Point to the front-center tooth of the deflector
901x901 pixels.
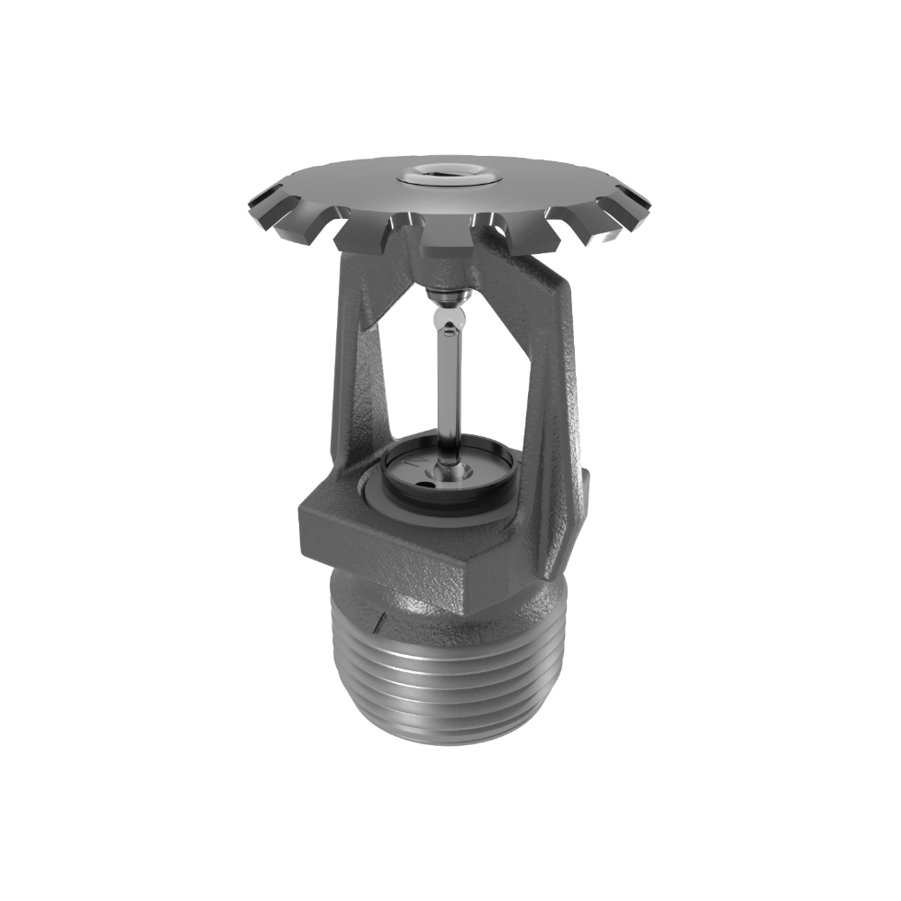(448, 236)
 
